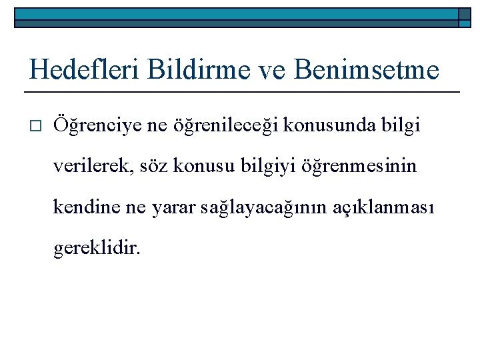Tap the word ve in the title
click(x=271, y=69)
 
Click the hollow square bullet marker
click(x=36, y=125)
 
